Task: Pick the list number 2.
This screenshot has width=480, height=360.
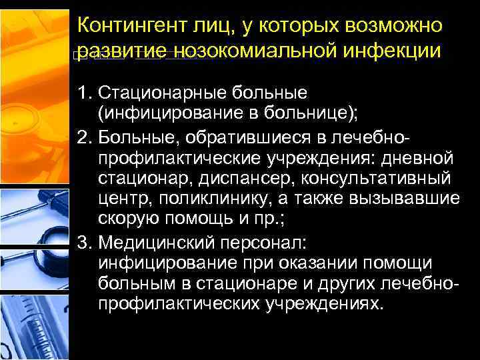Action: click(85, 137)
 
